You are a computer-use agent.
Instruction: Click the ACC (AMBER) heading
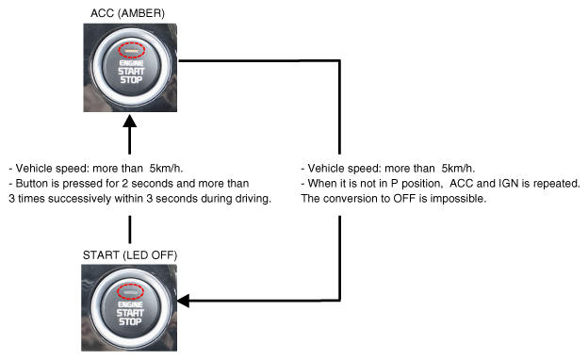(127, 13)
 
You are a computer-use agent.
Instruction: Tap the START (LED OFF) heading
(130, 255)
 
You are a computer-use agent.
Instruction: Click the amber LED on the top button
(131, 50)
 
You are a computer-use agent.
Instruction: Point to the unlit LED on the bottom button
(130, 291)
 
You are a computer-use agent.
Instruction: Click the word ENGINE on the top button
(131, 63)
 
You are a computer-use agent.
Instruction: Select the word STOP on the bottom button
(130, 321)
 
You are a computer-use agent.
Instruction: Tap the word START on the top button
(131, 72)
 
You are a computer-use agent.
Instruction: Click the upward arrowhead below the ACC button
(130, 121)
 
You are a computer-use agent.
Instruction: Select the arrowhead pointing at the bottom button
(184, 301)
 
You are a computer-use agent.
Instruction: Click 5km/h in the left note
(166, 169)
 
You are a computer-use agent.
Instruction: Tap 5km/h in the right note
(458, 169)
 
